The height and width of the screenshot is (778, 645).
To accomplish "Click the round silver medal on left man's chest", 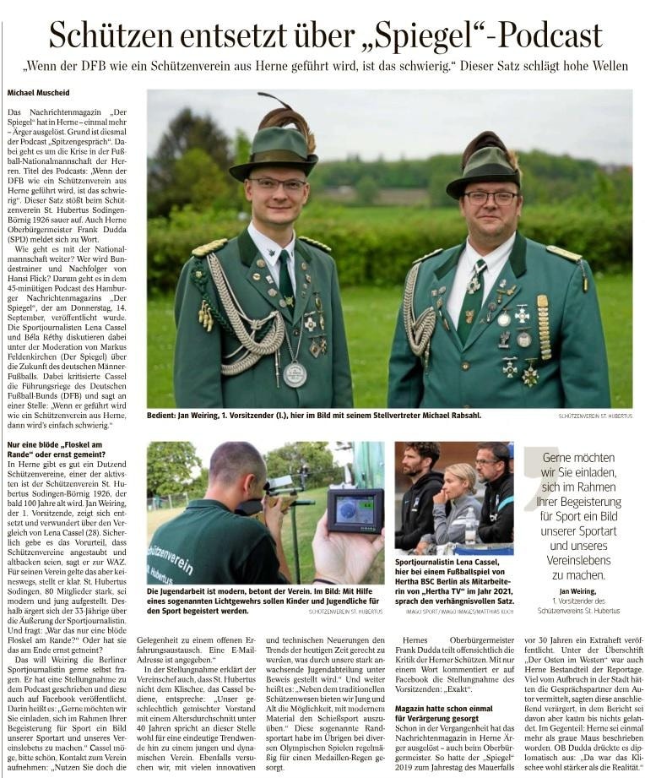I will (295, 374).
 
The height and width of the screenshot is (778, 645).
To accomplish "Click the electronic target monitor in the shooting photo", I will (355, 509).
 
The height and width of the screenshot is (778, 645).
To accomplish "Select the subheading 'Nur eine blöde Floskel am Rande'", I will (54, 449).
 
